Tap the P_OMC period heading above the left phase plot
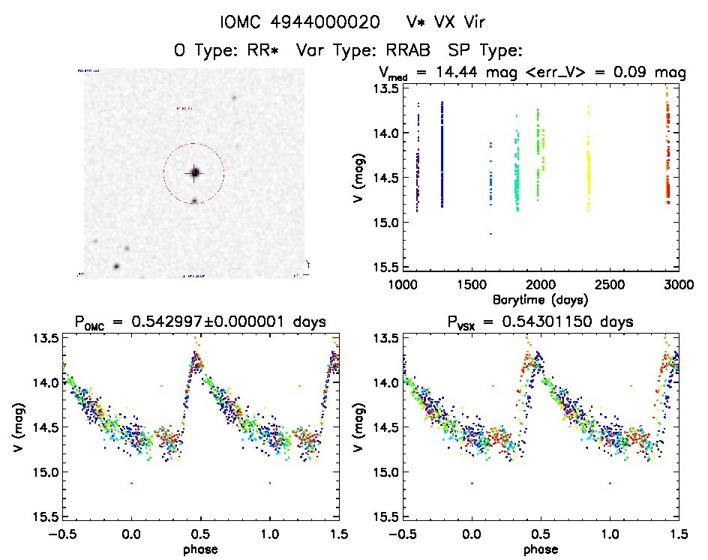coord(200,322)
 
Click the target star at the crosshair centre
coord(194,173)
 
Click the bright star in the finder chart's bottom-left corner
coord(116,266)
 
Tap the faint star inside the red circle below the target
coord(194,201)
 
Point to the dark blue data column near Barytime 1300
coord(442,154)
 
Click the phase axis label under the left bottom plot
coord(200,549)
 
